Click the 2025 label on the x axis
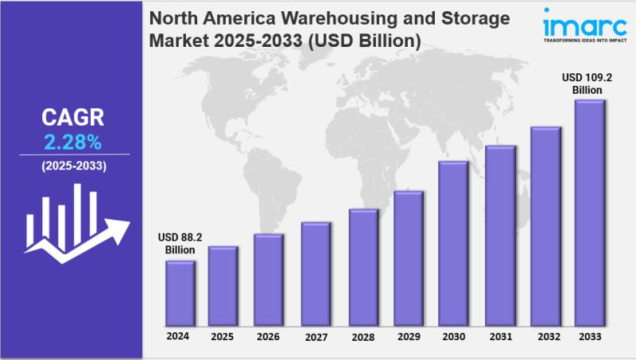tap(223, 337)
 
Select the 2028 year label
tap(363, 337)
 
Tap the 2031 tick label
tap(500, 337)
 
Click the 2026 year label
tap(268, 337)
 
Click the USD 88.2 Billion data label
tap(180, 244)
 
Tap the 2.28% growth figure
tap(72, 143)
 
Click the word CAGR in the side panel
tap(72, 119)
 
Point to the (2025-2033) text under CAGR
tap(72, 166)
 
